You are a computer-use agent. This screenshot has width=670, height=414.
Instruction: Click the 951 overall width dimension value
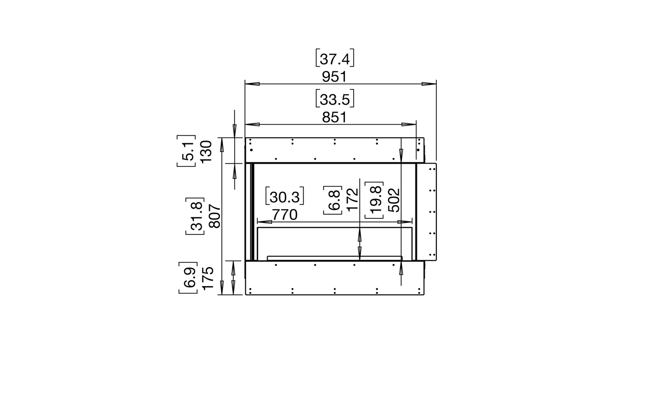click(334, 76)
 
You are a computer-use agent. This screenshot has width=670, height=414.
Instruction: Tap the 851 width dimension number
click(334, 117)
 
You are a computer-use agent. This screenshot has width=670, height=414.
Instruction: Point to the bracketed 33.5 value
click(334, 99)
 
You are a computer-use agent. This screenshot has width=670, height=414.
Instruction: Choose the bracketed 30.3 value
click(284, 197)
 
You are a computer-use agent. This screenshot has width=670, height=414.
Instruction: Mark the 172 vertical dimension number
click(352, 199)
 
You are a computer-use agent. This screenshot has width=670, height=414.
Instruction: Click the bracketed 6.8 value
click(335, 199)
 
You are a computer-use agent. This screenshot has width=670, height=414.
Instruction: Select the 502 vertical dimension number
click(393, 200)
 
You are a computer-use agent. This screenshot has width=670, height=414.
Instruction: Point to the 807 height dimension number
click(214, 217)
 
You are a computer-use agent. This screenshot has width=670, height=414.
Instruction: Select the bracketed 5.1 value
click(188, 151)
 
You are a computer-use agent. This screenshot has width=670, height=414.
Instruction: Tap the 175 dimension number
click(207, 278)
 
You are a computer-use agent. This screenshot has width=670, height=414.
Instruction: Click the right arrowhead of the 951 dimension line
click(429, 84)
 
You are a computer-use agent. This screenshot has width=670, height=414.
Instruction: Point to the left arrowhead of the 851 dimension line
click(252, 124)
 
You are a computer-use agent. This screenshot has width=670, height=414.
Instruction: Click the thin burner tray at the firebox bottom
click(334, 257)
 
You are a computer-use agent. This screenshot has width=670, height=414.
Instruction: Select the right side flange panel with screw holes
click(427, 211)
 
